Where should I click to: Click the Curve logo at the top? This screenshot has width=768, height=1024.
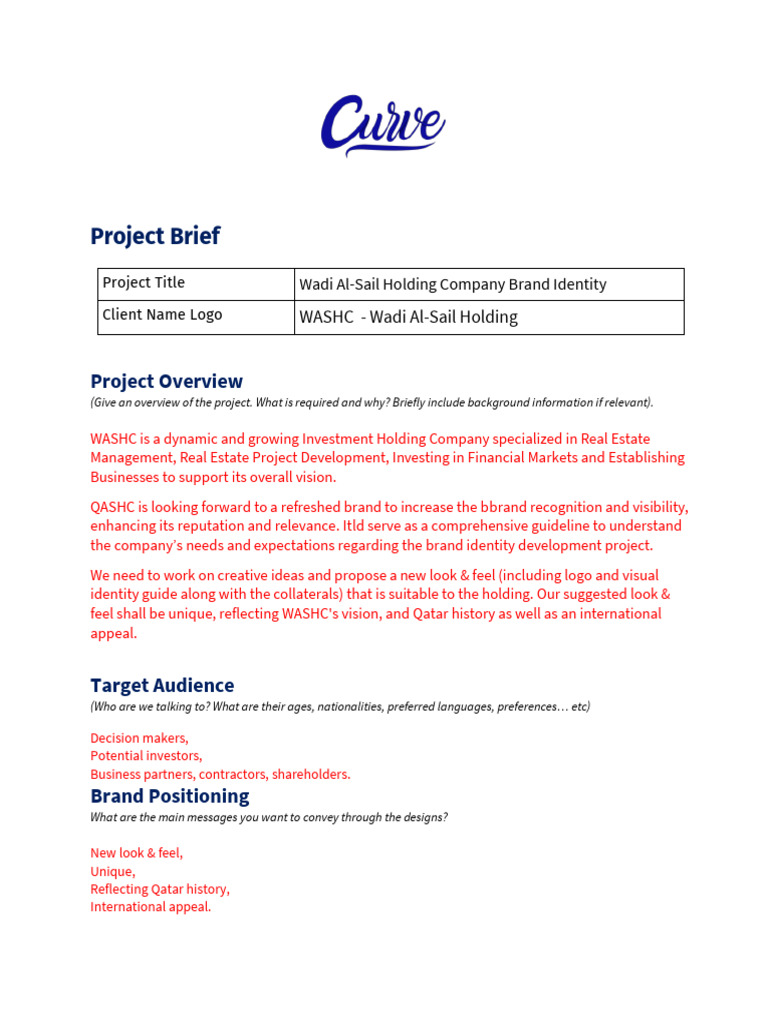click(383, 126)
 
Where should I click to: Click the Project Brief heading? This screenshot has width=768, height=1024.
click(155, 237)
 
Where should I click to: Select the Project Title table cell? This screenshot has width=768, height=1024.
click(195, 284)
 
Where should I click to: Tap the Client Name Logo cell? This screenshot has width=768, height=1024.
click(195, 316)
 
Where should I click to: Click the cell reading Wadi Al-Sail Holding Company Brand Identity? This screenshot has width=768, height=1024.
click(488, 285)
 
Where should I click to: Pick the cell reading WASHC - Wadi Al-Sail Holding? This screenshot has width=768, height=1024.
click(488, 318)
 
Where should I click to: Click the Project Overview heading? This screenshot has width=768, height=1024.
click(166, 381)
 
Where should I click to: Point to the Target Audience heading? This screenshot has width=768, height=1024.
click(162, 685)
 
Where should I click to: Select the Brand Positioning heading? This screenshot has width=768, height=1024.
click(169, 796)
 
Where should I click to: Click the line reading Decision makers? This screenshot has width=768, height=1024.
click(139, 738)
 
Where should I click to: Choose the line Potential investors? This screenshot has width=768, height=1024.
click(146, 756)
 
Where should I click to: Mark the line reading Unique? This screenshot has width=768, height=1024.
click(112, 871)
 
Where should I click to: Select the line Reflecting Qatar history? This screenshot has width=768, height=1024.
click(160, 889)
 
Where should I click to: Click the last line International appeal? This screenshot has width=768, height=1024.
click(151, 907)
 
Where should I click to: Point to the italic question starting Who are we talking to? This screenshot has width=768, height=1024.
click(340, 707)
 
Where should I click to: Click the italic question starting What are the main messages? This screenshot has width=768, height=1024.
click(268, 817)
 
